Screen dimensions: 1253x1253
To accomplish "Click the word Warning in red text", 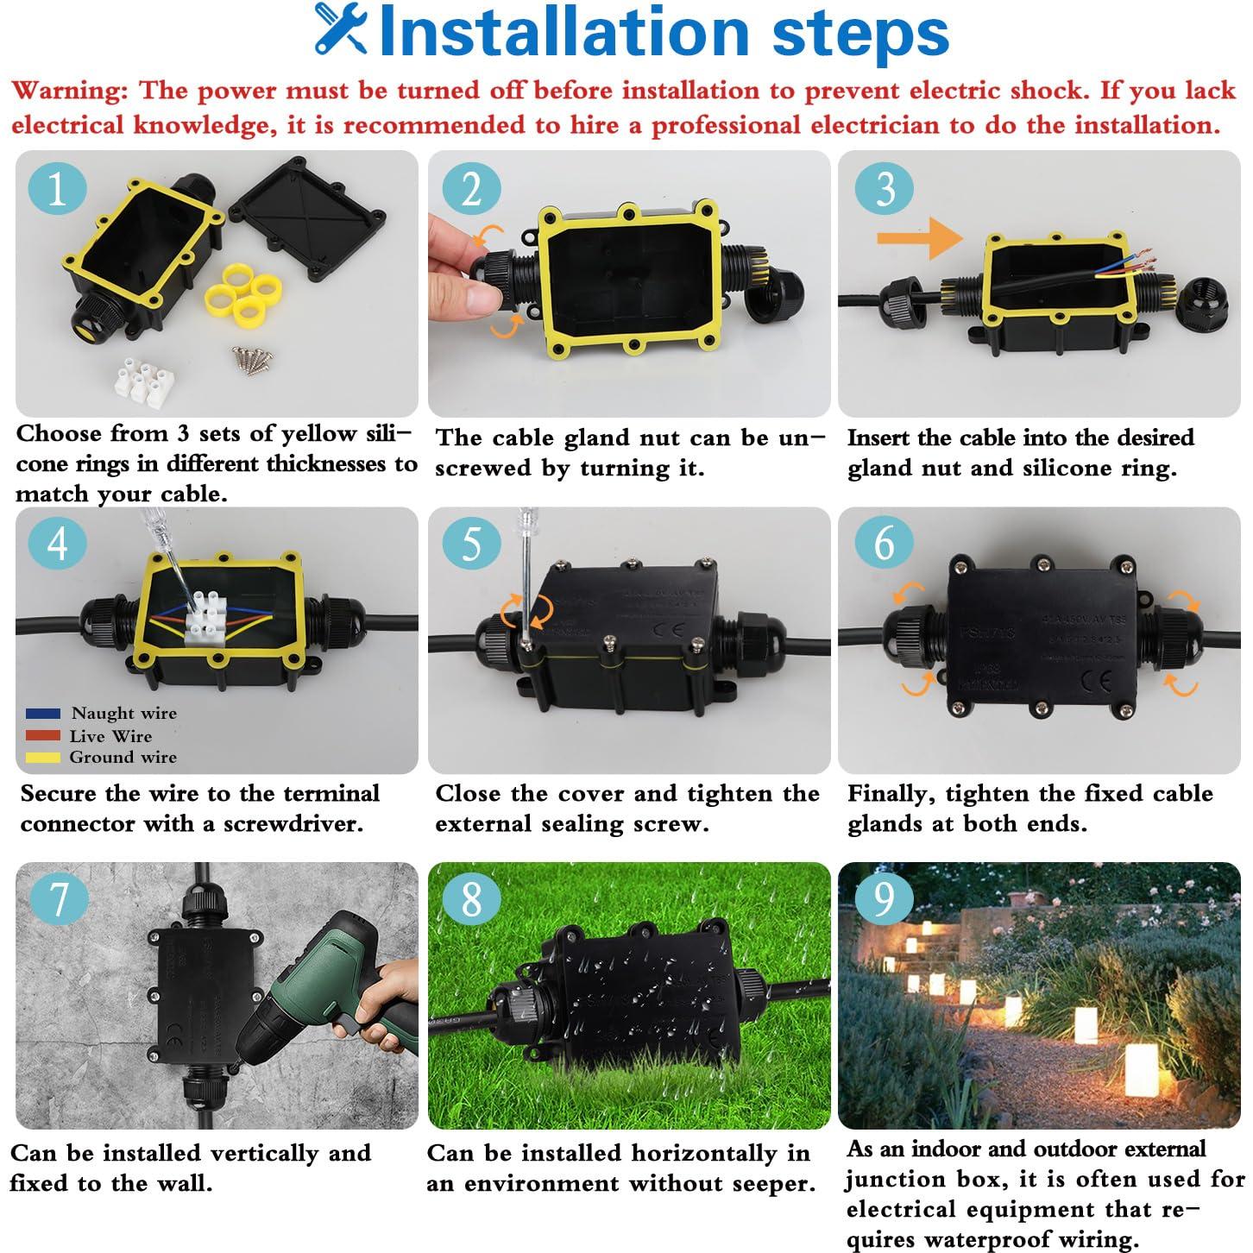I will point(69,91).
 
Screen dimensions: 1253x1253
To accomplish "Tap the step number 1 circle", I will point(57,189).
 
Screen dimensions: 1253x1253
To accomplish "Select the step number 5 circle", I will point(471,545).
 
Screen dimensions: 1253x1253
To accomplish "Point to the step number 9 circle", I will point(885,898).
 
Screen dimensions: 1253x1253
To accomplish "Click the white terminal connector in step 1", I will point(141,383).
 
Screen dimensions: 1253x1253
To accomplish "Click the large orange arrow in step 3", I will point(919,239).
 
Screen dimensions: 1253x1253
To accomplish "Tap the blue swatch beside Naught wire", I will point(43,714).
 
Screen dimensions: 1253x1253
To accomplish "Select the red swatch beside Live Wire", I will point(43,736).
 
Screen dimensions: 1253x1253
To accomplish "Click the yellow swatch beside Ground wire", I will point(43,758).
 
